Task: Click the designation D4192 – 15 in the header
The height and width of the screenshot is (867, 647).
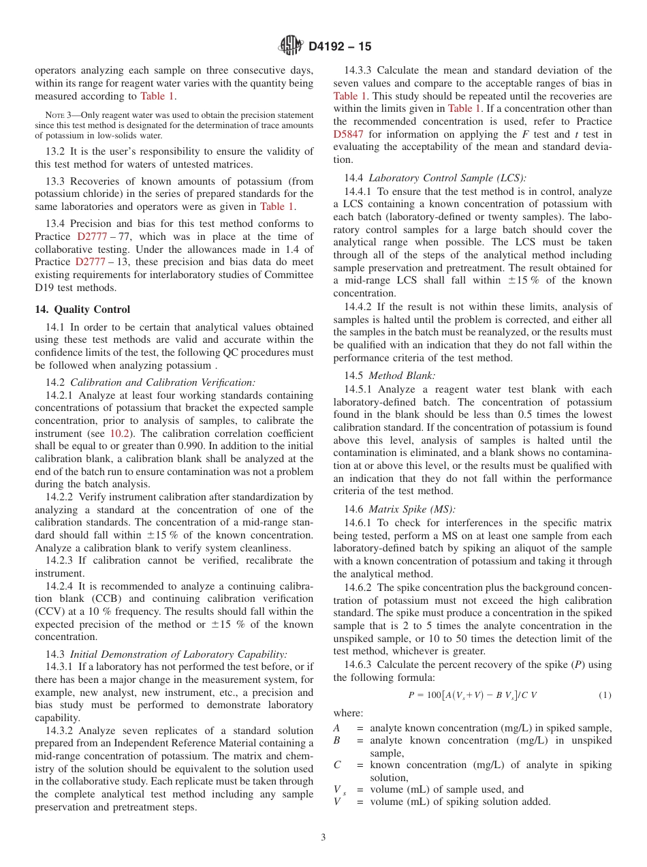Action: point(341,47)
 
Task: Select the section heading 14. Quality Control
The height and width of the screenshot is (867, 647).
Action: point(82,309)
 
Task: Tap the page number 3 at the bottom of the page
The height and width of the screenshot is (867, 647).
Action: point(323,837)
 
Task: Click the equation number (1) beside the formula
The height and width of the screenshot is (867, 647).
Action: point(605,695)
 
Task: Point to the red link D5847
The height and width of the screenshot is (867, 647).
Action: point(351,134)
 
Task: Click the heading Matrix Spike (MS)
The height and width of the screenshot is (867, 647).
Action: point(412,509)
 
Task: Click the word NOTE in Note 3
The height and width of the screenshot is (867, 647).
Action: point(54,115)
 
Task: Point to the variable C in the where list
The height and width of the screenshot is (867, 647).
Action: point(338,765)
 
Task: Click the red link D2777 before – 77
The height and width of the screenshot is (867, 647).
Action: point(92,237)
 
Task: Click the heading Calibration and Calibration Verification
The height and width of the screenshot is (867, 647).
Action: point(163,382)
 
